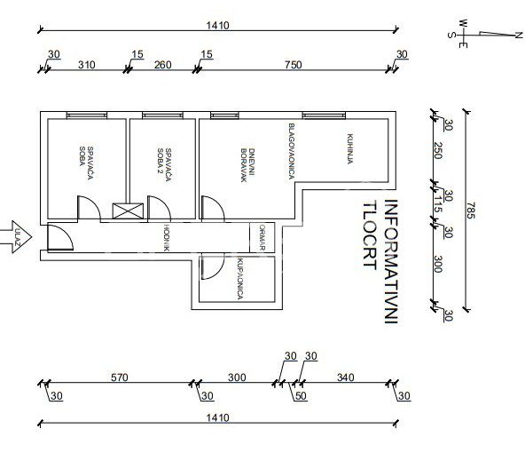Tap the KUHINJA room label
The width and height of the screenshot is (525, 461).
click(x=350, y=149)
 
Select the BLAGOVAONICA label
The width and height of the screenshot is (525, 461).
click(x=291, y=151)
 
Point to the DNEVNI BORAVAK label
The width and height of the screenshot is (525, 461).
click(x=248, y=165)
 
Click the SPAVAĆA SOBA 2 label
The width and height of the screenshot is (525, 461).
click(x=164, y=164)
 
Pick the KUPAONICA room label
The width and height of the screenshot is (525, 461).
click(x=239, y=279)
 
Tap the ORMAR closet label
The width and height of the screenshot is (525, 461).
click(x=262, y=237)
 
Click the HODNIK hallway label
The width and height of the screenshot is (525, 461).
click(x=167, y=237)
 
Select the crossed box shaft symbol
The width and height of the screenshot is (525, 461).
click(x=128, y=211)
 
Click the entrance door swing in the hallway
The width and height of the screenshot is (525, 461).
click(x=60, y=237)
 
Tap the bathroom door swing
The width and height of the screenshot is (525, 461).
click(x=212, y=266)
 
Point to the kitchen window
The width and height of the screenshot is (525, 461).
click(x=324, y=115)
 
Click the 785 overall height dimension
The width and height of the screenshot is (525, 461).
click(x=470, y=211)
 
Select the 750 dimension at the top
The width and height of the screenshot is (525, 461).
click(x=294, y=64)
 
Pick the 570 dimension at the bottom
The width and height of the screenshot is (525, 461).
click(x=120, y=378)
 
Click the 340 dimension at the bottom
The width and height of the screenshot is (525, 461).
click(x=346, y=378)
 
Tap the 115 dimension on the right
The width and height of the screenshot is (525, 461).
click(x=437, y=204)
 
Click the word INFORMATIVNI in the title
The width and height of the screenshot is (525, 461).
click(x=391, y=261)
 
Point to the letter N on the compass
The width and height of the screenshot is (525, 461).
click(x=518, y=35)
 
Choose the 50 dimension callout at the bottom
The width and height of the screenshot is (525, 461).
click(x=301, y=396)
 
